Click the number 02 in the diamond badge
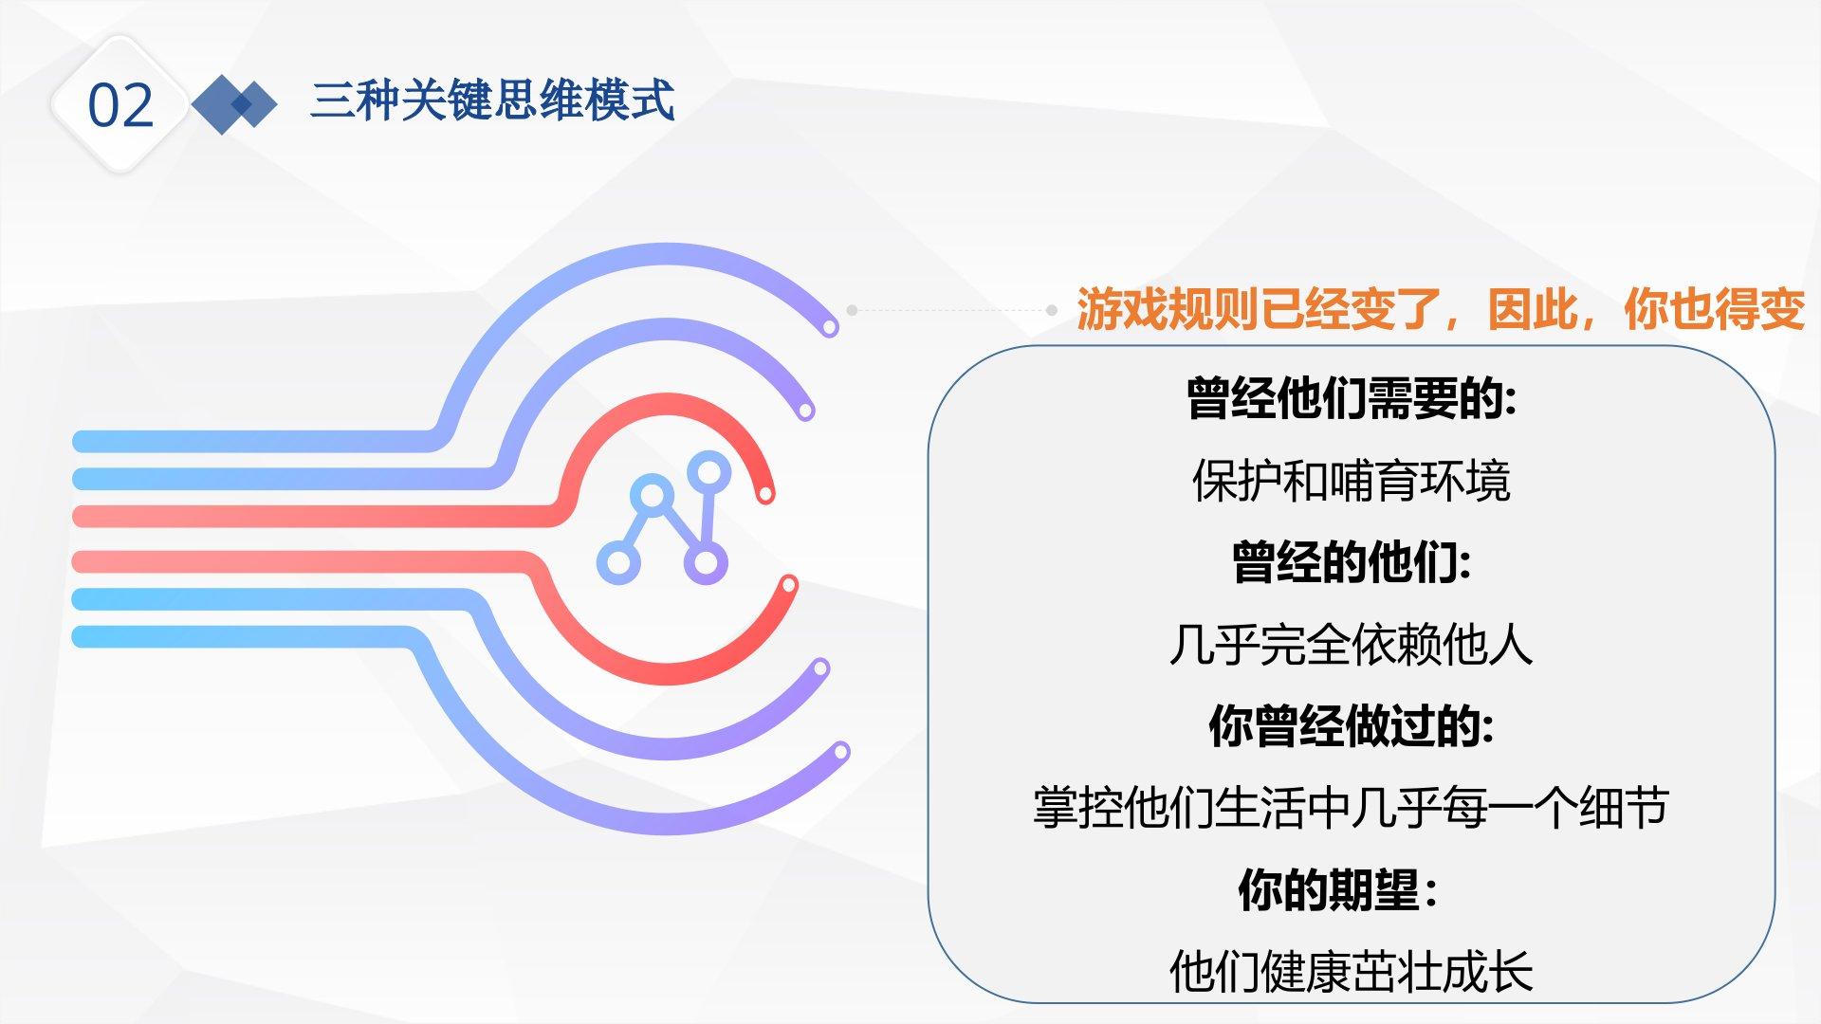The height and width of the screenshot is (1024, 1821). click(x=120, y=105)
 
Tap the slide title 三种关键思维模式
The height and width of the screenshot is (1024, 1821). click(x=492, y=101)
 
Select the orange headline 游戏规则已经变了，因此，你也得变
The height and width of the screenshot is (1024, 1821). click(x=1441, y=309)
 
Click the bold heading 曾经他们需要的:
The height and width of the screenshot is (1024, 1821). click(x=1352, y=398)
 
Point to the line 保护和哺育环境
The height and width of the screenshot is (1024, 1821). click(x=1352, y=481)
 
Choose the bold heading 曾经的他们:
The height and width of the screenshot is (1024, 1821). click(x=1352, y=562)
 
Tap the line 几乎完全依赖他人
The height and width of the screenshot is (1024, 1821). click(x=1352, y=645)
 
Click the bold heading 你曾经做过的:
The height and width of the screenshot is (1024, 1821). click(x=1352, y=726)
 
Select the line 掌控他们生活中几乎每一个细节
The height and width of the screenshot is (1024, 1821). click(x=1352, y=808)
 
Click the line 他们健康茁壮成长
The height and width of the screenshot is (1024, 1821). click(x=1352, y=972)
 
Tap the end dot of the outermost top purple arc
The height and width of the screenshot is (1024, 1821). click(x=830, y=327)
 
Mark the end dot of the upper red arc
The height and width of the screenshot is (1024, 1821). click(x=765, y=493)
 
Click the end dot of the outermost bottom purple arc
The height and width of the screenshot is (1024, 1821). click(x=840, y=752)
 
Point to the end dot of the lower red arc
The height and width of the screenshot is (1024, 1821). click(x=788, y=585)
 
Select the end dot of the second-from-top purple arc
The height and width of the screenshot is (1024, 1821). click(x=805, y=411)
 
